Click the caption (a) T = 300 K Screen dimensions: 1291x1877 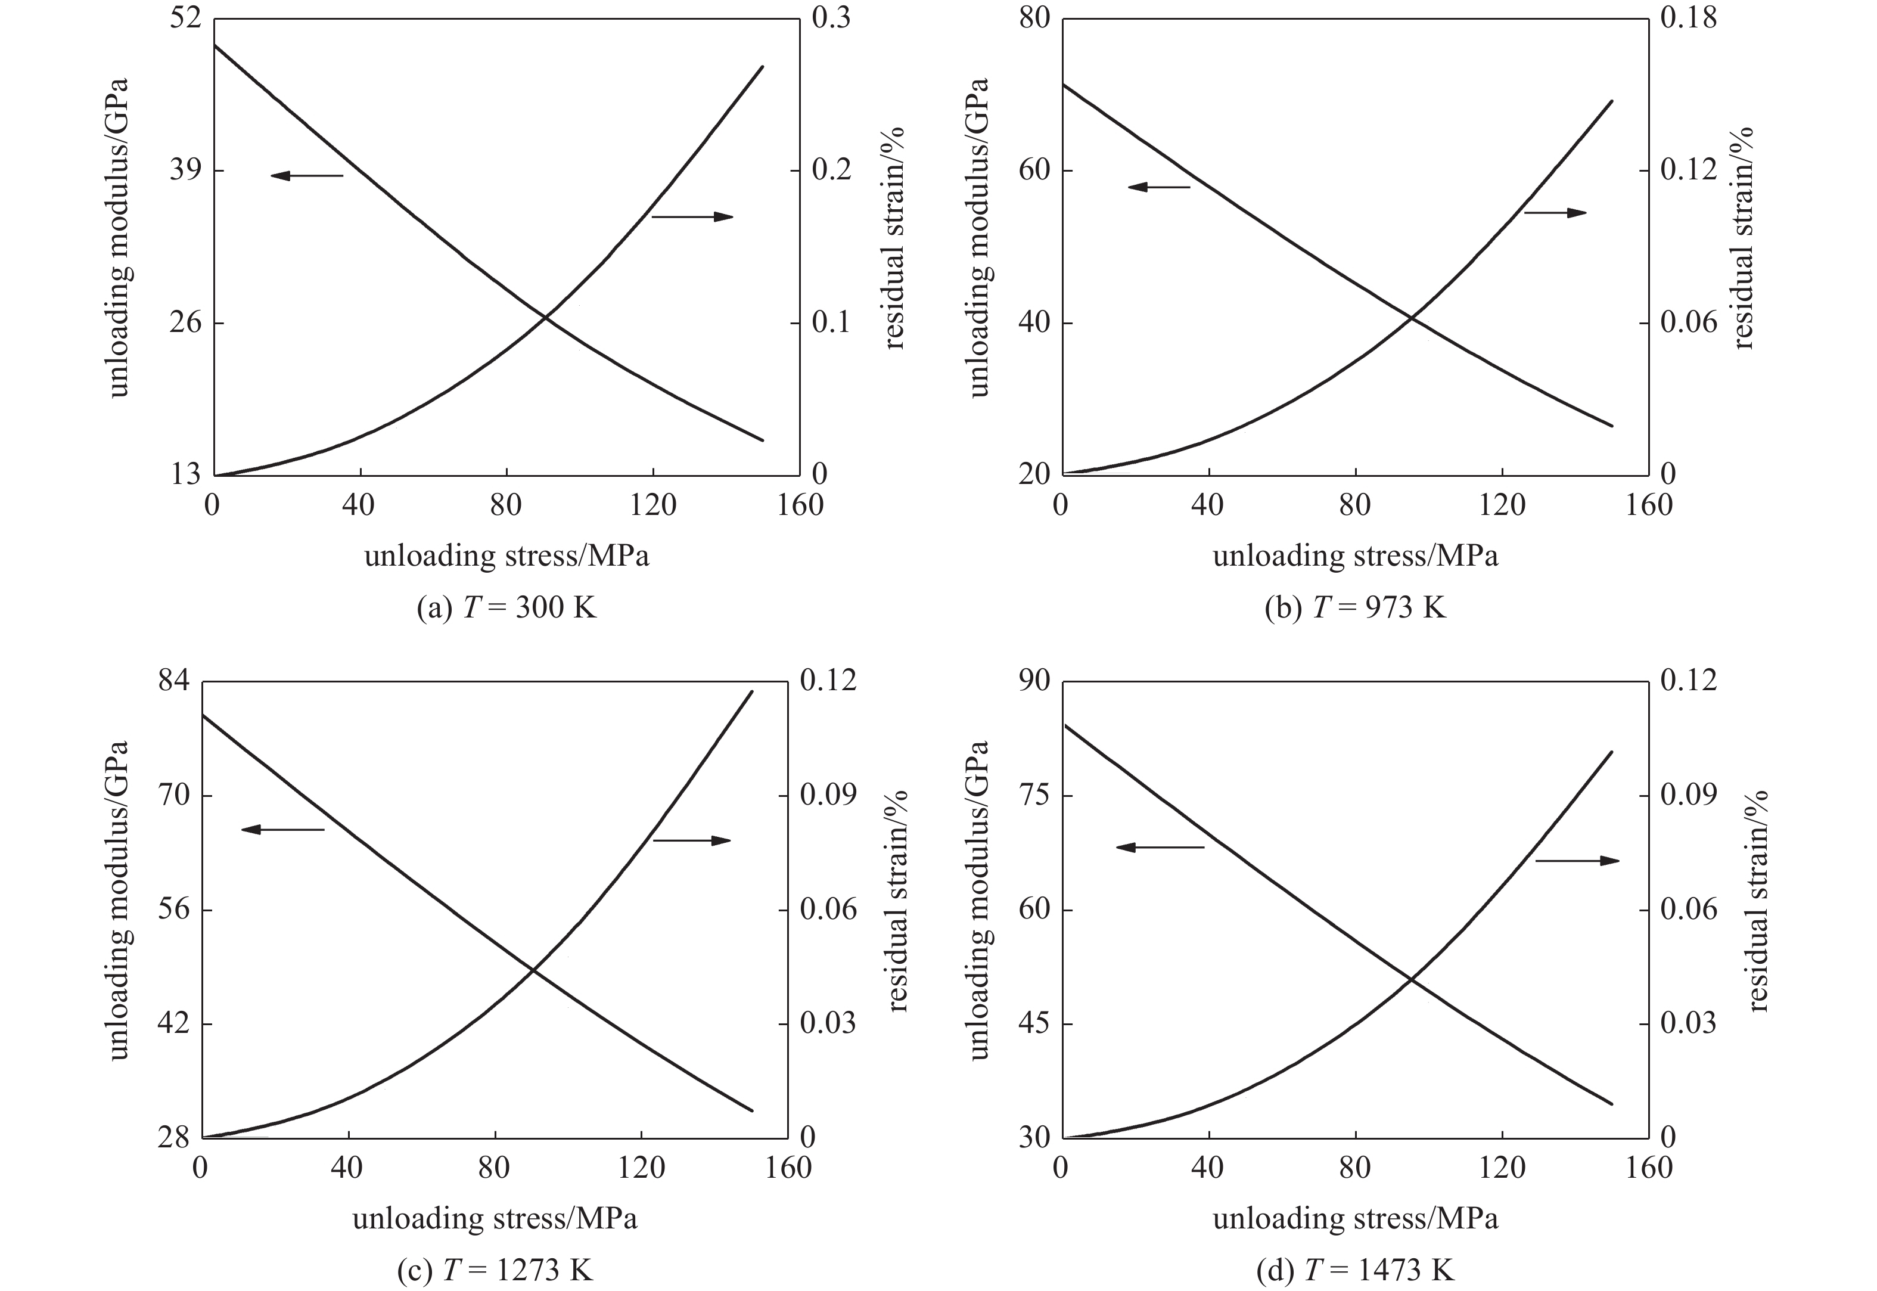pos(506,607)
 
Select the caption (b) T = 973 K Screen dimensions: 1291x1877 pos(1354,607)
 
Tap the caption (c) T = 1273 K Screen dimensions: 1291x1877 pos(495,1270)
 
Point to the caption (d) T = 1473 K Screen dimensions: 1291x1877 pos(1354,1270)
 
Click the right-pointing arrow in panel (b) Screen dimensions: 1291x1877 pos(1554,213)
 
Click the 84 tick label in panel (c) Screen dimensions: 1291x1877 pos(173,681)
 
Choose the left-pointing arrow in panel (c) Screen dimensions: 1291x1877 pos(282,829)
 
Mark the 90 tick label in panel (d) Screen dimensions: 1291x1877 pos(1033,681)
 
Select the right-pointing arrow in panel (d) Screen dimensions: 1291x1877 pos(1577,861)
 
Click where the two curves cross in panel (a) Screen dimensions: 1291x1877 pos(545,317)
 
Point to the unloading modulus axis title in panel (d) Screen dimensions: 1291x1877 pos(978,899)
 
